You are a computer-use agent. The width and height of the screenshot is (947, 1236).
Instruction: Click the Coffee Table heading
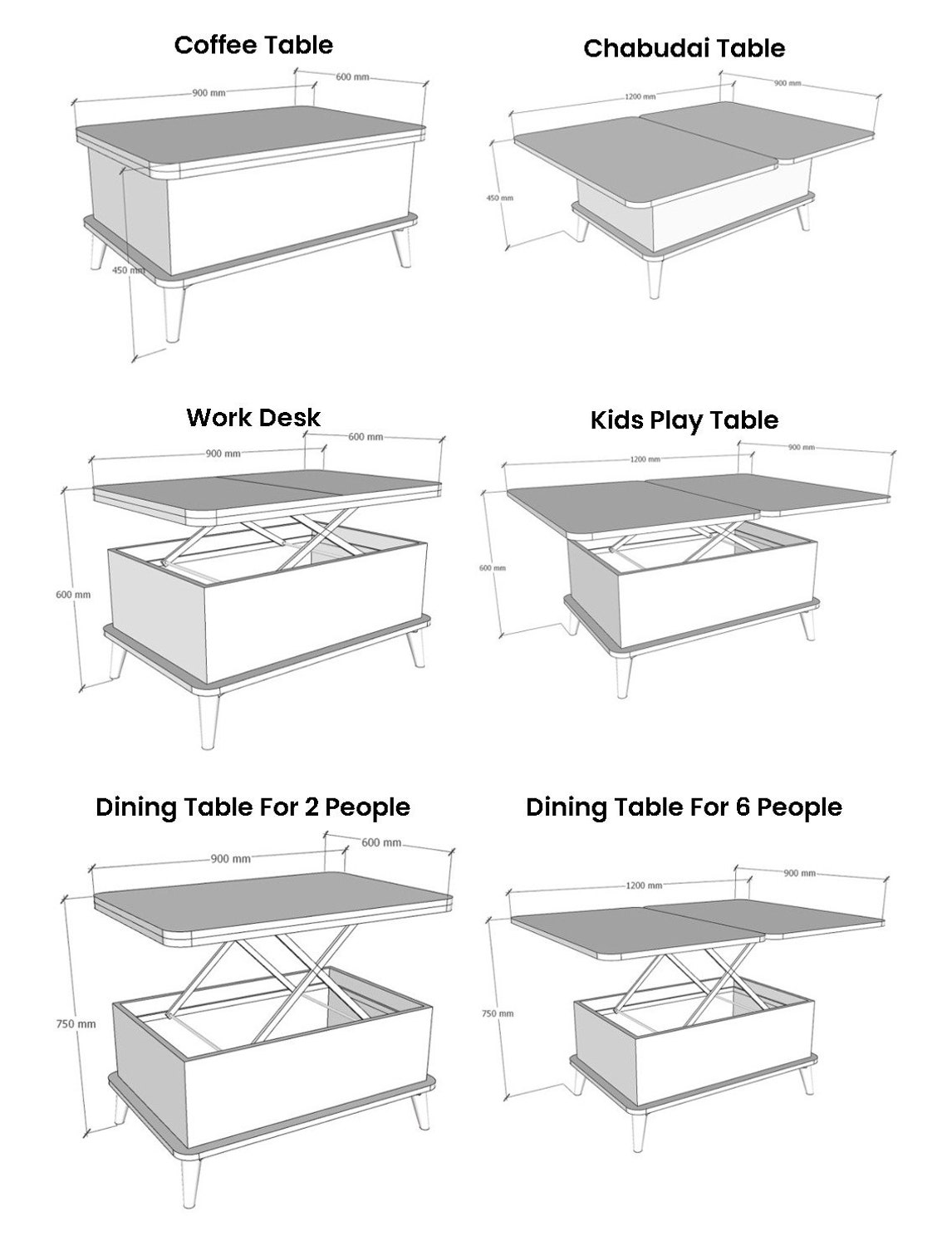click(253, 45)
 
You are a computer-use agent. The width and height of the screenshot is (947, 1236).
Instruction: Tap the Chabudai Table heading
click(684, 48)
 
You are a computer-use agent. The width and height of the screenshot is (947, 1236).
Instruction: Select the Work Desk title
click(253, 417)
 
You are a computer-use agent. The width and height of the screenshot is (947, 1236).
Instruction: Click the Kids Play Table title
click(684, 420)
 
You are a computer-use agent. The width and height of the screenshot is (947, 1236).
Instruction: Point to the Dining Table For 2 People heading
click(253, 807)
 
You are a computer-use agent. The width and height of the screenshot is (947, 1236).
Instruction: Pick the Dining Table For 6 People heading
click(684, 807)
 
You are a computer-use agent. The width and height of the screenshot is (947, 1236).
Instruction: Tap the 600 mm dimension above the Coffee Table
click(352, 76)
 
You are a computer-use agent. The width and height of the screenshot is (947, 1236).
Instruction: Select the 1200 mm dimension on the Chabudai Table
click(640, 96)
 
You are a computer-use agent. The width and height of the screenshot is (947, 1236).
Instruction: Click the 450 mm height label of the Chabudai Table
click(499, 198)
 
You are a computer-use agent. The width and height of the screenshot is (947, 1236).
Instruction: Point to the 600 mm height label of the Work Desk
click(73, 595)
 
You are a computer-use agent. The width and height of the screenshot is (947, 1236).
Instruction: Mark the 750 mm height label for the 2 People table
click(76, 1024)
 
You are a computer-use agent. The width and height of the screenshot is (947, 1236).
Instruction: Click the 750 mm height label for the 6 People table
click(498, 1013)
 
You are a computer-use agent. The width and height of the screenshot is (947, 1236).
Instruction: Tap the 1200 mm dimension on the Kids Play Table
click(645, 459)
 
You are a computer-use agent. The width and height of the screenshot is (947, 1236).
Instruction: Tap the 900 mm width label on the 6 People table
click(799, 873)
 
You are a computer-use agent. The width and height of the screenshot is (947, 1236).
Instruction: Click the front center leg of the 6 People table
click(638, 1136)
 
